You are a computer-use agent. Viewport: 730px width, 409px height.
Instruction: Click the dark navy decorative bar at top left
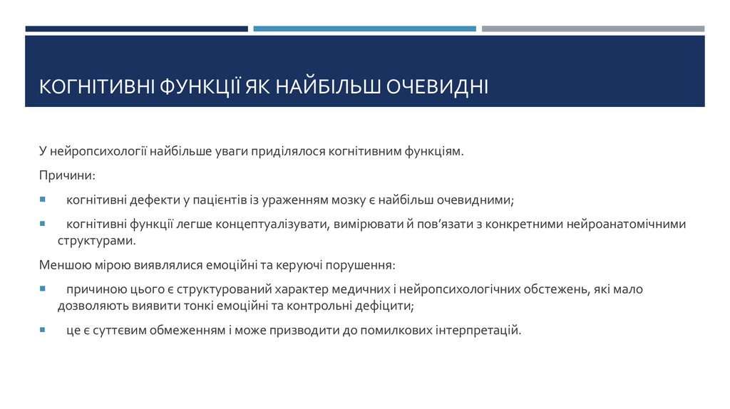(x=136, y=29)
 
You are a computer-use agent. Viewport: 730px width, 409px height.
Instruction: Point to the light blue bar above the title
(x=364, y=29)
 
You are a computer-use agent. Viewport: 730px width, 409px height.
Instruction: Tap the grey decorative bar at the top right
(x=592, y=29)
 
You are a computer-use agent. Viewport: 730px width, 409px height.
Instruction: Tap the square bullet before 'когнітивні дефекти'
(x=42, y=200)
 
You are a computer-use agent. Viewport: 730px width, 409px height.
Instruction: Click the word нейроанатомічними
(x=626, y=224)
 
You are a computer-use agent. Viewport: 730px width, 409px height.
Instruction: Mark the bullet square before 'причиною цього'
(x=42, y=290)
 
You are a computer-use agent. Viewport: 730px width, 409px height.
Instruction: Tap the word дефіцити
(x=386, y=306)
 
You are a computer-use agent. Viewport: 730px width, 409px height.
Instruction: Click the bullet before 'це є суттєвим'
(x=42, y=331)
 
